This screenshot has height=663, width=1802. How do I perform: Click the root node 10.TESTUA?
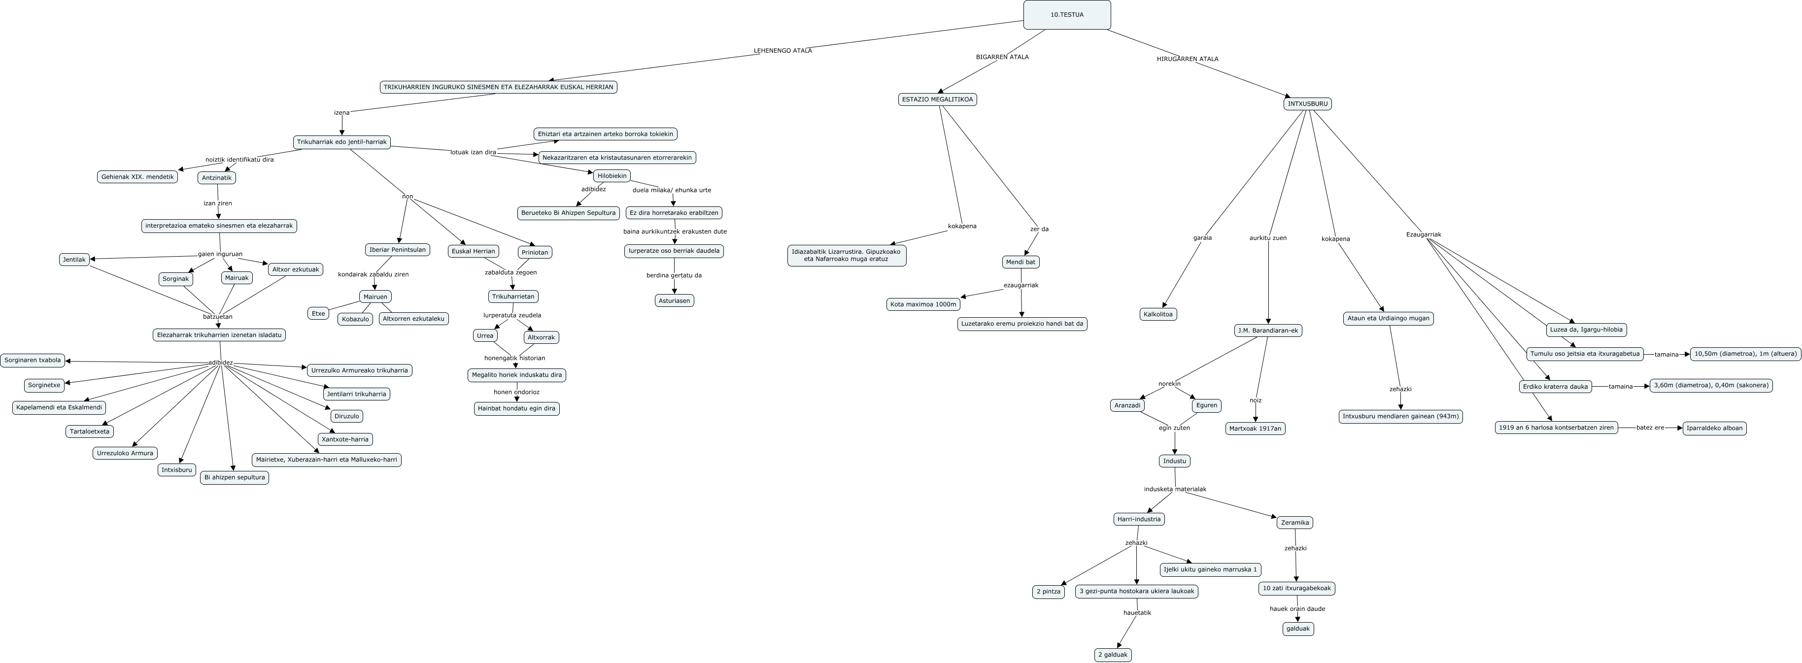1067,15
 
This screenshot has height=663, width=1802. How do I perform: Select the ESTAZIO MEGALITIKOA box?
937,99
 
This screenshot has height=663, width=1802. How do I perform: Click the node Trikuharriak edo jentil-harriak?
341,142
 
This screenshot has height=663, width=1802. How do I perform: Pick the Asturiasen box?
675,301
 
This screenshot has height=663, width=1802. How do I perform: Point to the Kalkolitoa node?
1158,315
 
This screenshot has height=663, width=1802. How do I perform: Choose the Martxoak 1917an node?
1255,429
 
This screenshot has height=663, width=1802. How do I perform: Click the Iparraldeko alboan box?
1714,428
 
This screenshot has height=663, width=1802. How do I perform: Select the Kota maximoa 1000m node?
923,305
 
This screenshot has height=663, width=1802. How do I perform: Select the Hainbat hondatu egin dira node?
516,408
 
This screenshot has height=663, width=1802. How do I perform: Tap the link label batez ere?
1650,428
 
